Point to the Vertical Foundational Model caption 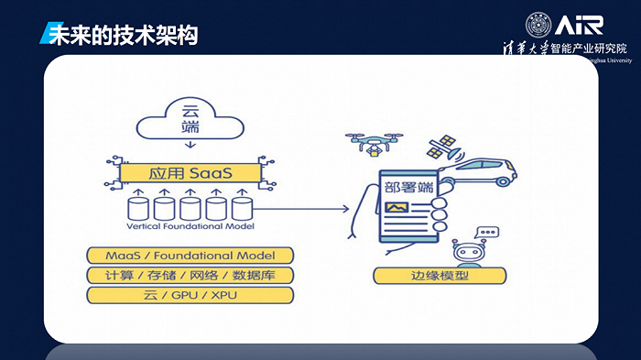point(190,225)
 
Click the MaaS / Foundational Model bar point(190,255)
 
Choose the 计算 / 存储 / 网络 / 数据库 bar point(190,275)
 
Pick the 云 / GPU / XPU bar point(190,295)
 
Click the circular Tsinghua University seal point(539,25)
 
